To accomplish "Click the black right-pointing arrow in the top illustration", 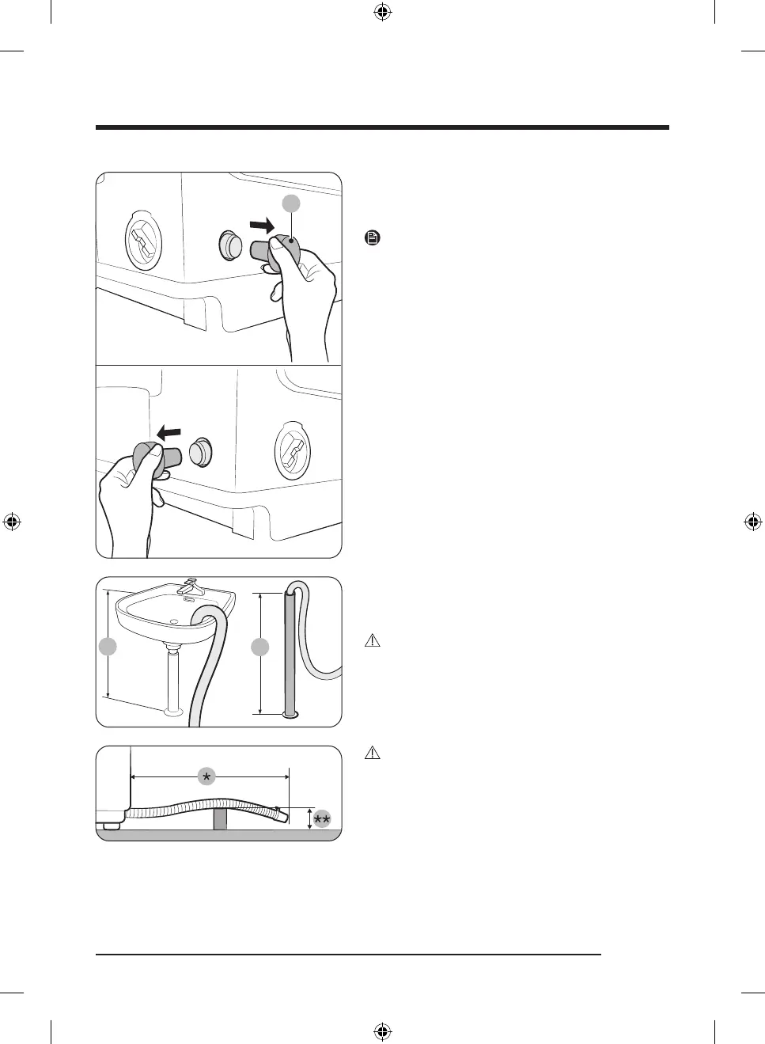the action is pos(262,226).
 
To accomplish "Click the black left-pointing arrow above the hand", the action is pos(169,434).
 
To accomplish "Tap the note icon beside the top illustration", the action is pos(373,237).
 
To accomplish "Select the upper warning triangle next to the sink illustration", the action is pos(373,641).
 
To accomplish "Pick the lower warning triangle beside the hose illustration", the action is pos(373,753).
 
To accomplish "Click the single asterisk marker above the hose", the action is pos(206,777).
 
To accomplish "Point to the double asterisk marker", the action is pos(321,819).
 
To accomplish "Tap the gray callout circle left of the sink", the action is pos(108,647).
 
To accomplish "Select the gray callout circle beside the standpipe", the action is pos(259,647).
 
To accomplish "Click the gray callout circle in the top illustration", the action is pos(292,203).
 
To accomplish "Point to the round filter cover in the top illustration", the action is pos(144,240).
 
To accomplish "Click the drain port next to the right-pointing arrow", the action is pos(231,245).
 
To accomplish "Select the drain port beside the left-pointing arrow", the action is pos(201,452).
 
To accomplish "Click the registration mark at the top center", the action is pos(382,12).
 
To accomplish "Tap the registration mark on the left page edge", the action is pos(12,522).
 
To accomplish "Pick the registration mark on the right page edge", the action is pos(752,522).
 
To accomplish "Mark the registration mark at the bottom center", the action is pos(382,1031).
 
